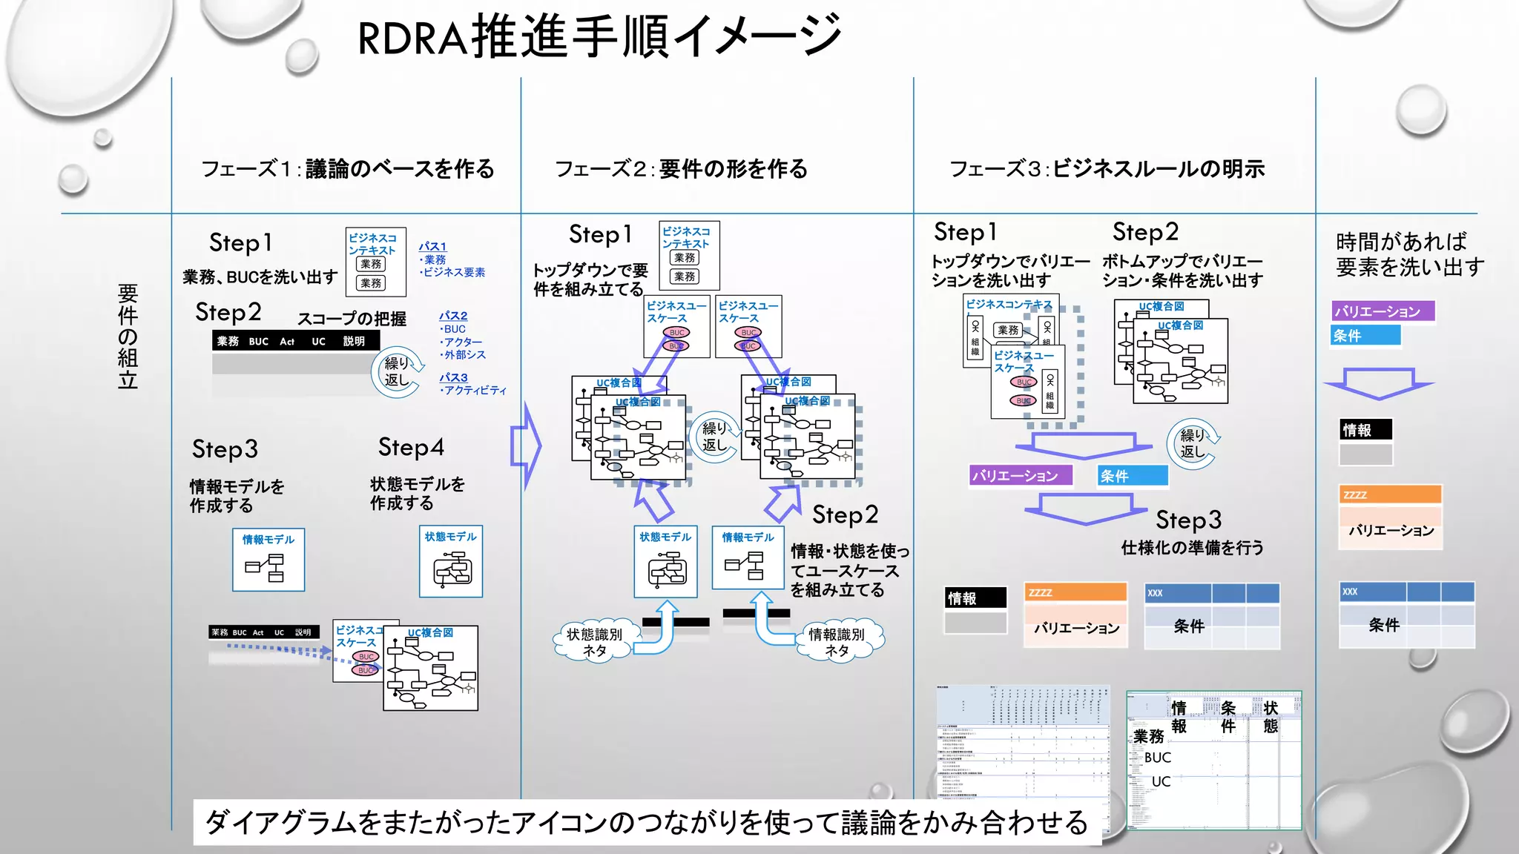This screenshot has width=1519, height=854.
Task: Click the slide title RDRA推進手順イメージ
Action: [599, 37]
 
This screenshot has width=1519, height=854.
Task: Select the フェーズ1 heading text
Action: [347, 169]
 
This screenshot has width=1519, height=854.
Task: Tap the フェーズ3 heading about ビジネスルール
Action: [1107, 169]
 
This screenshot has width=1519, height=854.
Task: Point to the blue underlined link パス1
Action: [432, 246]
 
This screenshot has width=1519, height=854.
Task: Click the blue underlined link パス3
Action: [453, 377]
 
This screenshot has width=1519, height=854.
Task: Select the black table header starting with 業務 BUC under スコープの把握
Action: [295, 341]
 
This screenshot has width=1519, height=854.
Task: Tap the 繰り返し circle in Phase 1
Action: [398, 372]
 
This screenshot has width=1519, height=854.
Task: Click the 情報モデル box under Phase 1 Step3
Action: [268, 560]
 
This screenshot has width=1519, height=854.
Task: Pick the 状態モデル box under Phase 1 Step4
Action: [451, 562]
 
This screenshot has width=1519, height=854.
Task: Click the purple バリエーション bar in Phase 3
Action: [1021, 476]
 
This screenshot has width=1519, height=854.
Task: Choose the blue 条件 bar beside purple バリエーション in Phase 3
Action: [1133, 476]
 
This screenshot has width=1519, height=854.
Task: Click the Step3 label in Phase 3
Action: [1188, 520]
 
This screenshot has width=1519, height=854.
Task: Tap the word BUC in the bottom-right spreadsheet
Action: [1157, 758]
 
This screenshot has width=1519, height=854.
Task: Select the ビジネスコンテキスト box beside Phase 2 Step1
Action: [688, 255]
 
